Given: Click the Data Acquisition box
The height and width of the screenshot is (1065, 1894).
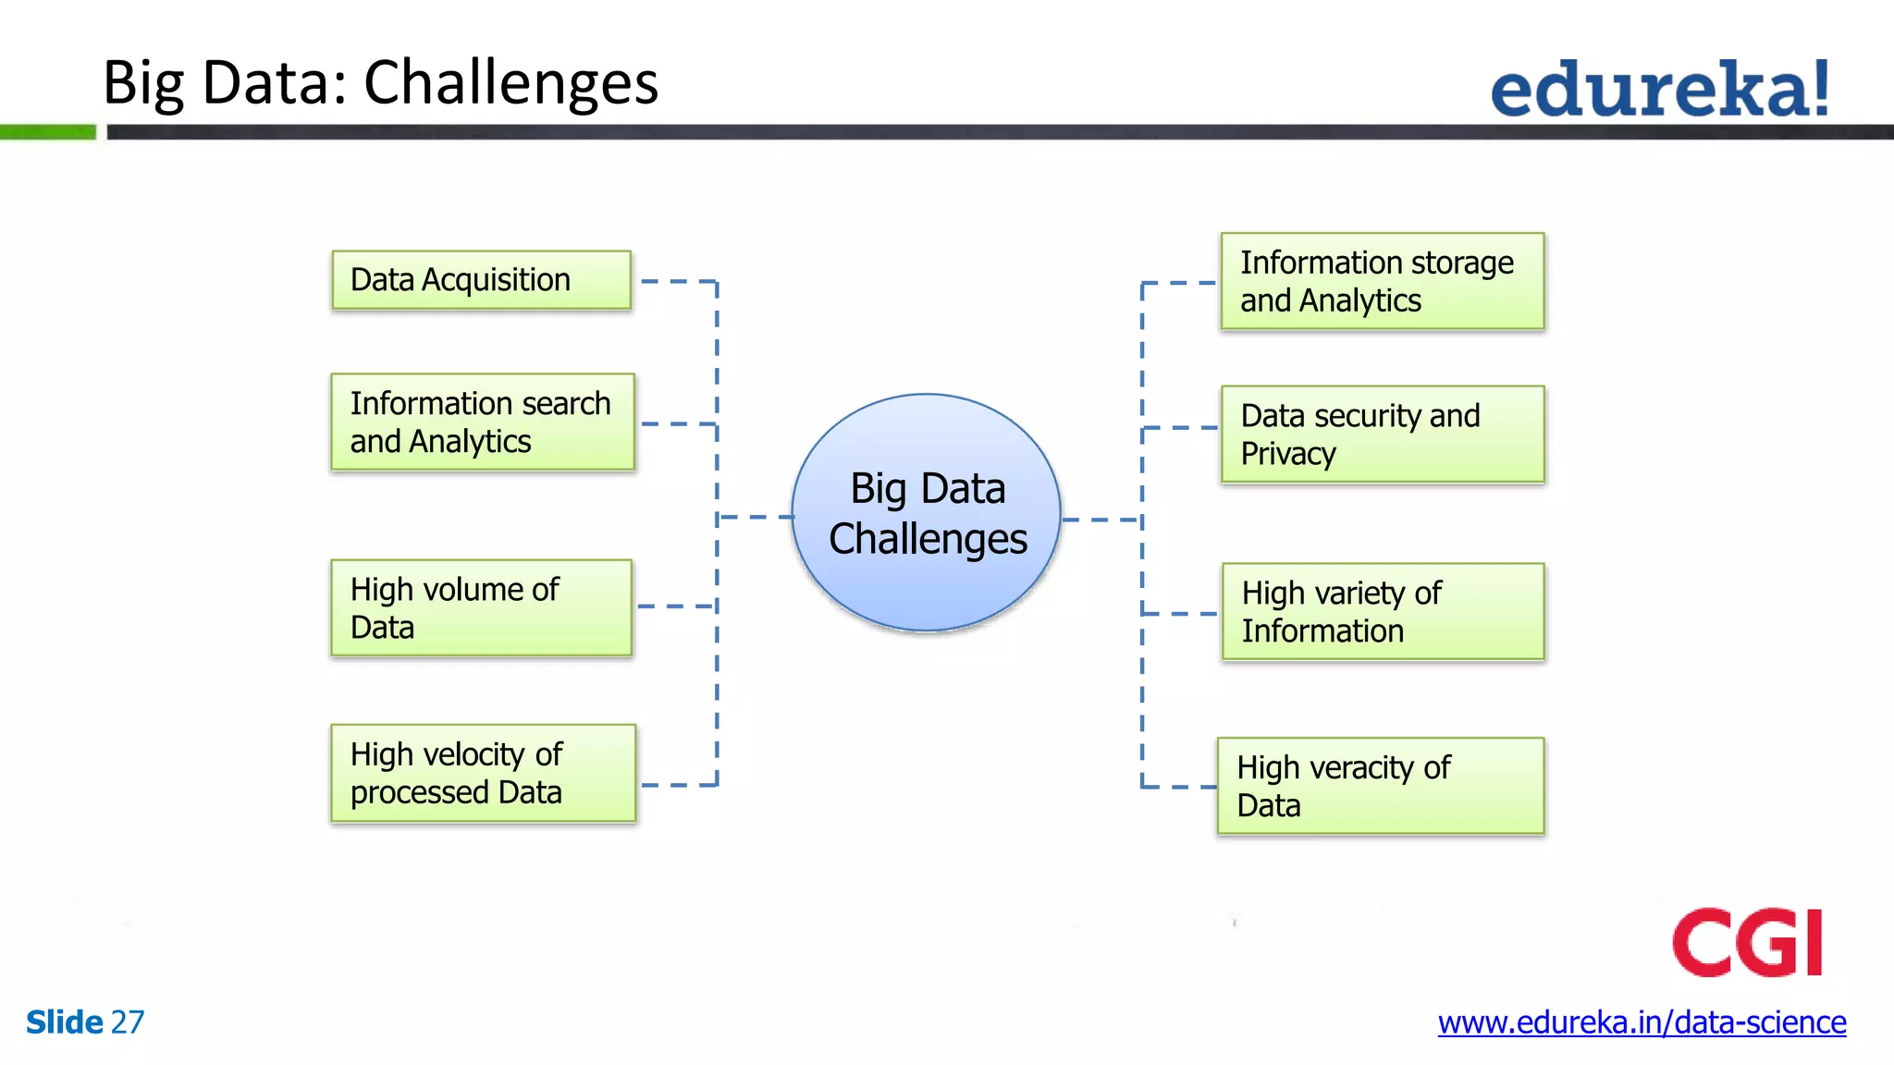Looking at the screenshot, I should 481,280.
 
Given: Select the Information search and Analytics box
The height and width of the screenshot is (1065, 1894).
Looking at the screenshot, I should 483,422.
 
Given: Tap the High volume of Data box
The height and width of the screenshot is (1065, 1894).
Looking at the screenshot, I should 481,608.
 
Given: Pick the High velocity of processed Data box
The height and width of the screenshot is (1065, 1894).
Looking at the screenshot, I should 483,774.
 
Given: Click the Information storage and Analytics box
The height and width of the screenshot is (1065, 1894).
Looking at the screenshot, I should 1382,282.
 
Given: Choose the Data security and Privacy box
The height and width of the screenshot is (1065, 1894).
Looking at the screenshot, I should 1382,435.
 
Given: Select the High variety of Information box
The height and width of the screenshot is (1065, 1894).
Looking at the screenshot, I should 1382,612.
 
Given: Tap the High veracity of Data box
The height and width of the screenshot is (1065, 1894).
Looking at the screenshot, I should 1380,787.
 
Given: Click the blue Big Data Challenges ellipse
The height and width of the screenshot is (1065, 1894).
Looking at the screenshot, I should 927,514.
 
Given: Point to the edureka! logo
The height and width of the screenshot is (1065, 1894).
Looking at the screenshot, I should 1659,89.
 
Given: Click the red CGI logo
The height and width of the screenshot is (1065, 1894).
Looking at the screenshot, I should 1746,943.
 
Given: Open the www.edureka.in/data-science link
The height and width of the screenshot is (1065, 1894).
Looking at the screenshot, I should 1642,1022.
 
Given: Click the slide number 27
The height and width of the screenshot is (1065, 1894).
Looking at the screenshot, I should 128,1022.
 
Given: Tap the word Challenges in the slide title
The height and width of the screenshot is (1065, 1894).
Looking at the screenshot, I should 510,83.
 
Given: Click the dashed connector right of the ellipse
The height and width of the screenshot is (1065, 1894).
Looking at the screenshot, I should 1101,520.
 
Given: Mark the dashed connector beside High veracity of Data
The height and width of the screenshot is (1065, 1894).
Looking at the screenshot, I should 1178,787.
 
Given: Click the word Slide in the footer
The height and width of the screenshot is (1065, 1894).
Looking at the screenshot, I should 64,1022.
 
